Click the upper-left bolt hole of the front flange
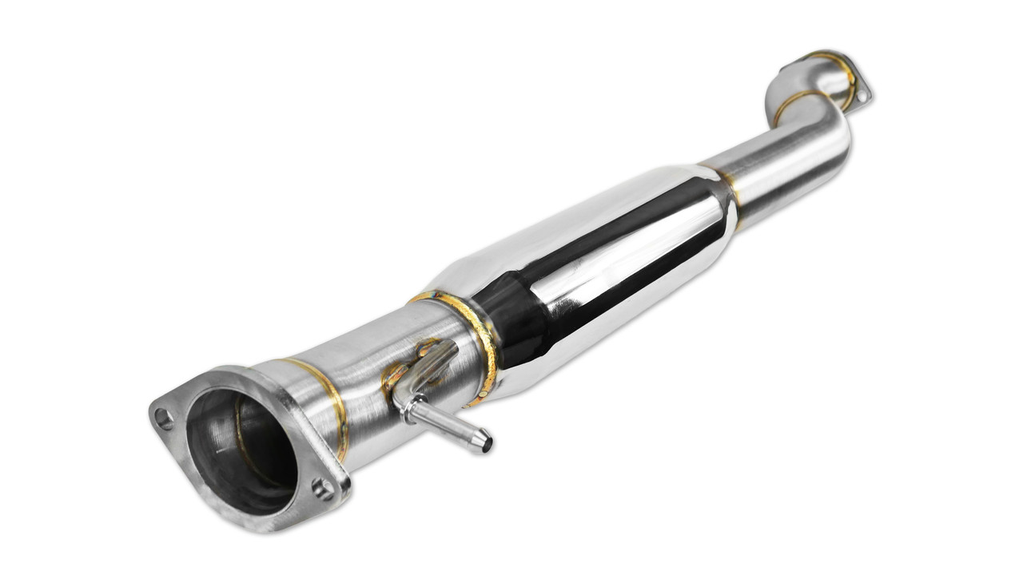pyautogui.click(x=164, y=416)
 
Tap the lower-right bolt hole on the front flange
pyautogui.click(x=323, y=488)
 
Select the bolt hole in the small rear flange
pyautogui.click(x=862, y=94)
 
